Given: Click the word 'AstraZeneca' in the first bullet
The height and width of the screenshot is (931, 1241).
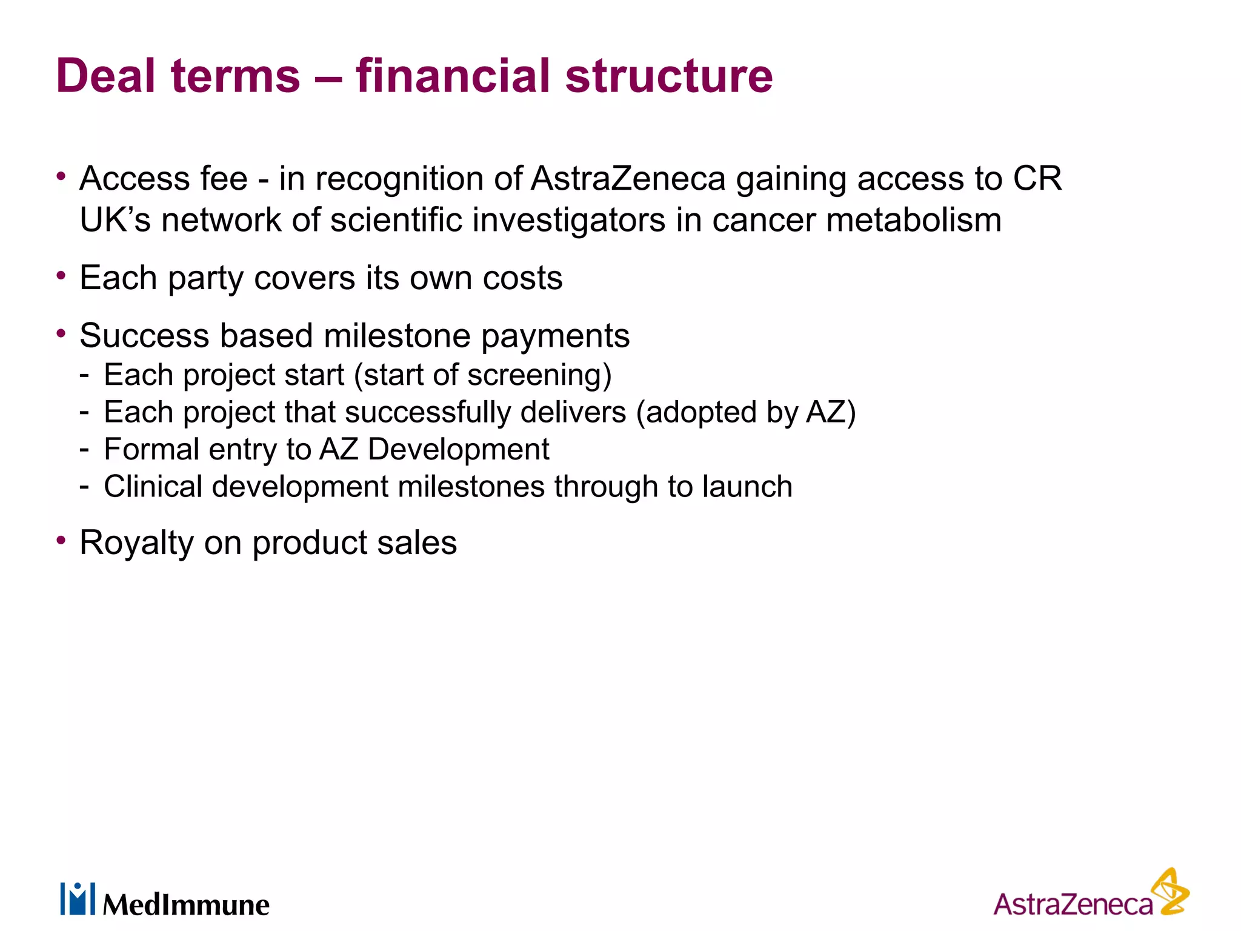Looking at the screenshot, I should pyautogui.click(x=628, y=179).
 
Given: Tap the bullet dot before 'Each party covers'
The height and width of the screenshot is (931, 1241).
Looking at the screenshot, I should pyautogui.click(x=61, y=276).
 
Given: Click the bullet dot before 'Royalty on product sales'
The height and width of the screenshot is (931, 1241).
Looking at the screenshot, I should pyautogui.click(x=61, y=539).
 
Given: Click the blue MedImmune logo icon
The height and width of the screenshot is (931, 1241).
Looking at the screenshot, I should pyautogui.click(x=78, y=899).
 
